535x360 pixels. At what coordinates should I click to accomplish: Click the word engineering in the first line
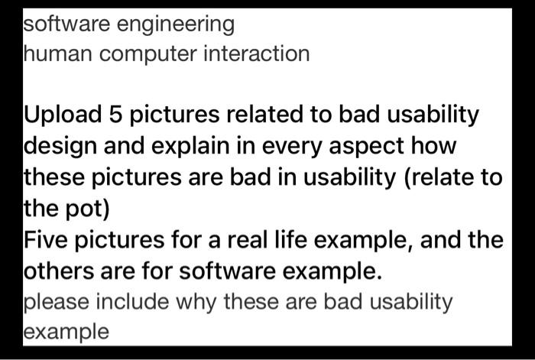pos(175,25)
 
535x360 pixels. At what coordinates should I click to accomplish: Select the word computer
pos(148,55)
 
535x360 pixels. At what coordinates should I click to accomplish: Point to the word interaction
pos(257,54)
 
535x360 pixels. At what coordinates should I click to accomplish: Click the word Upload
pos(63,115)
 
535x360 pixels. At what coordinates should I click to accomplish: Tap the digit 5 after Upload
pos(115,114)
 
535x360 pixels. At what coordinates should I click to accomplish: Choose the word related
pos(264,114)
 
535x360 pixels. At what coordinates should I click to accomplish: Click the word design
pos(60,147)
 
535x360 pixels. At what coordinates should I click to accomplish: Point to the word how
pos(433,145)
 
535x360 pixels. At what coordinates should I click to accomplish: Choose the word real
pos(248,239)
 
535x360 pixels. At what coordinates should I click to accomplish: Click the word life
pos(290,239)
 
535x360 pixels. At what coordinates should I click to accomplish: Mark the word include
pos(132,302)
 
